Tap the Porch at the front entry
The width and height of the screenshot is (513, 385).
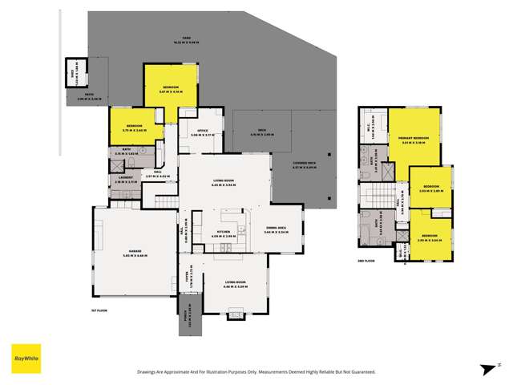tap(188, 308)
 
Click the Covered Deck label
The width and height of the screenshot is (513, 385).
tap(308, 167)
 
